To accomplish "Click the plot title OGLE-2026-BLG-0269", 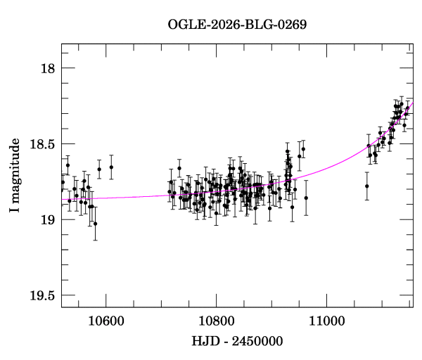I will click(x=237, y=25).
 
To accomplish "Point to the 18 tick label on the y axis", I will click(x=47, y=68).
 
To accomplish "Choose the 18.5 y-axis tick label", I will click(x=42, y=144).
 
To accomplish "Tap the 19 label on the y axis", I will click(x=47, y=219).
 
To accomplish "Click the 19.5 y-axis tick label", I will click(x=42, y=295).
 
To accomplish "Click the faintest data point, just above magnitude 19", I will click(x=95, y=224).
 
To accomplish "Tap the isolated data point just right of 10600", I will click(x=111, y=167).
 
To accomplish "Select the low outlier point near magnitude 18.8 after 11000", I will click(x=367, y=186).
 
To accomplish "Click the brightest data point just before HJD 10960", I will click(x=303, y=149).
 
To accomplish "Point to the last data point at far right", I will click(x=407, y=108).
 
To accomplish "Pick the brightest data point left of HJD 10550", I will click(x=68, y=165).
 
